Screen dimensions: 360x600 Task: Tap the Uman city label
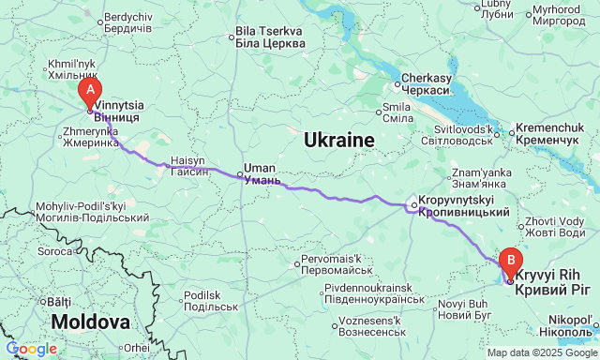(261, 174)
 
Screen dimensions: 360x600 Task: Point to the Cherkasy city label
(427, 84)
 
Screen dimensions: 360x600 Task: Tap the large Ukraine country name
(338, 141)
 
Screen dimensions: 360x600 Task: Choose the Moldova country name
(90, 322)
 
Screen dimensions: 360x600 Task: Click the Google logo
(31, 349)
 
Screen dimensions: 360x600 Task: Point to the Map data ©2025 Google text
(539, 352)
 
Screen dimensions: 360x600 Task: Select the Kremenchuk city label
(557, 132)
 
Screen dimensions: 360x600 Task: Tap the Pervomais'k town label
(337, 264)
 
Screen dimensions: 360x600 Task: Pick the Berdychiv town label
(127, 22)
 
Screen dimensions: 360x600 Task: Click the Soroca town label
(54, 252)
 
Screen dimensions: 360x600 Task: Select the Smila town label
(397, 112)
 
